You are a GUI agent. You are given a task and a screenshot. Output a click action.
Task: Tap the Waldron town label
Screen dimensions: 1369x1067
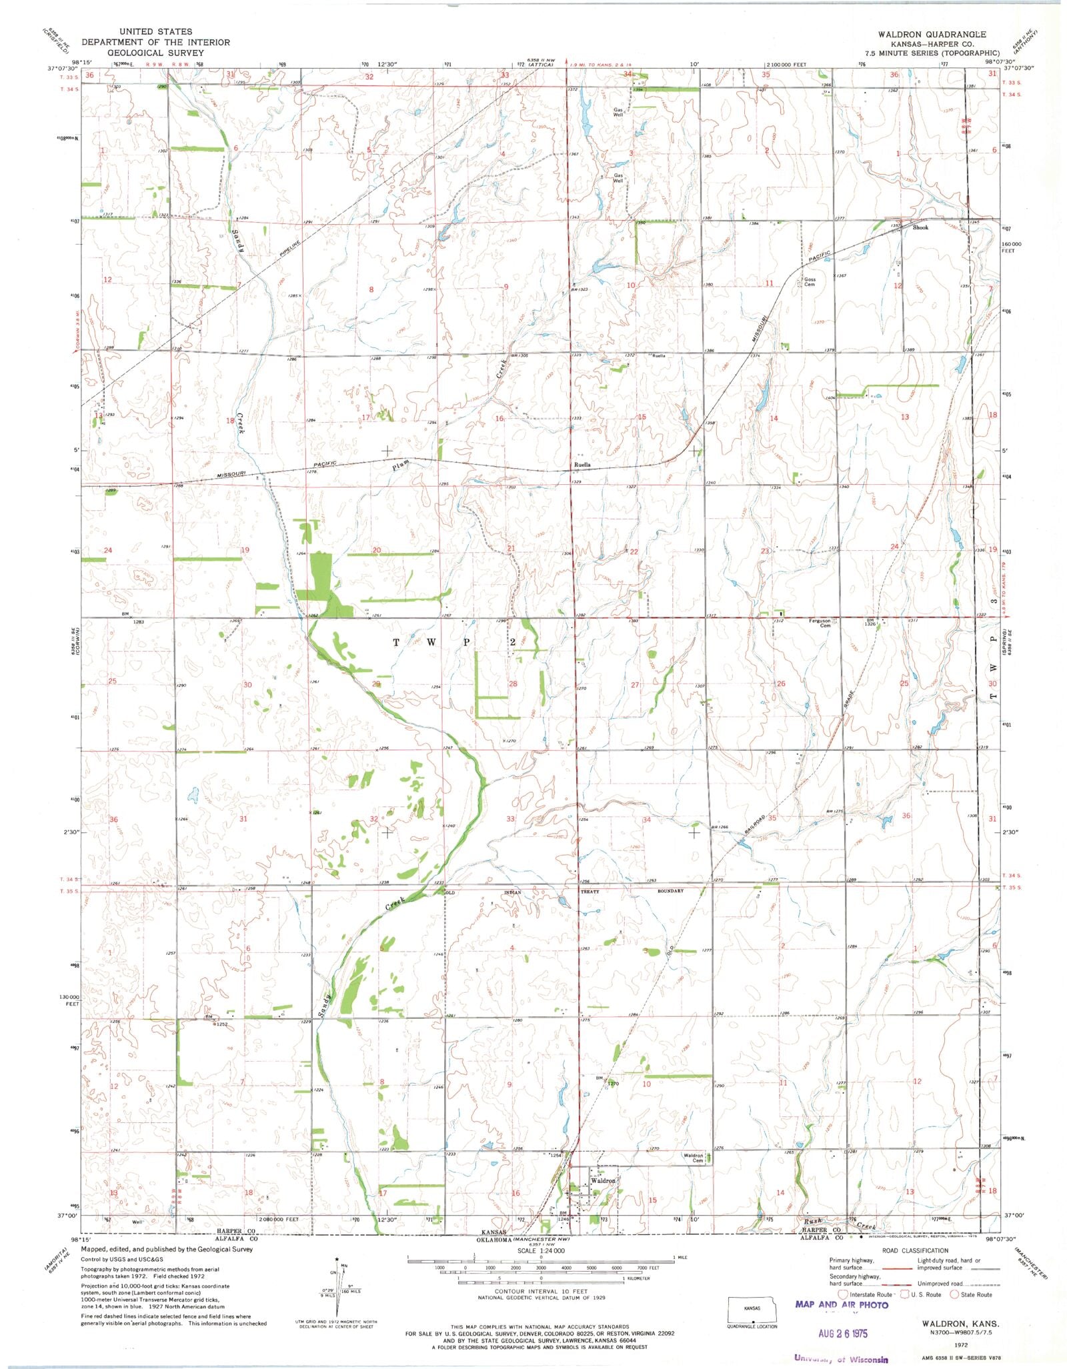coord(603,1181)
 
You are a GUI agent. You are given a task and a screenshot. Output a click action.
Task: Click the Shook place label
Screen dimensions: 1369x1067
coord(920,227)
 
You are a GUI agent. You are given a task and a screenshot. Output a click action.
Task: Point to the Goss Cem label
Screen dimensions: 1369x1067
coord(810,282)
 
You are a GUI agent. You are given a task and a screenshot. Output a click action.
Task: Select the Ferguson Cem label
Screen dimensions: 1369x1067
coord(820,623)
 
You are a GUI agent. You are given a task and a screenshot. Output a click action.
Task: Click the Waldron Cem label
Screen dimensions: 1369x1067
coord(694,1158)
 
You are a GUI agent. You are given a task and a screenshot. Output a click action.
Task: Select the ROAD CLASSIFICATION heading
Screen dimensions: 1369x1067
coord(914,1250)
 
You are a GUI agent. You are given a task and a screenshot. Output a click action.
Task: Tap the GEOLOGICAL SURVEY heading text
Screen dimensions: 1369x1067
coord(155,52)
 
